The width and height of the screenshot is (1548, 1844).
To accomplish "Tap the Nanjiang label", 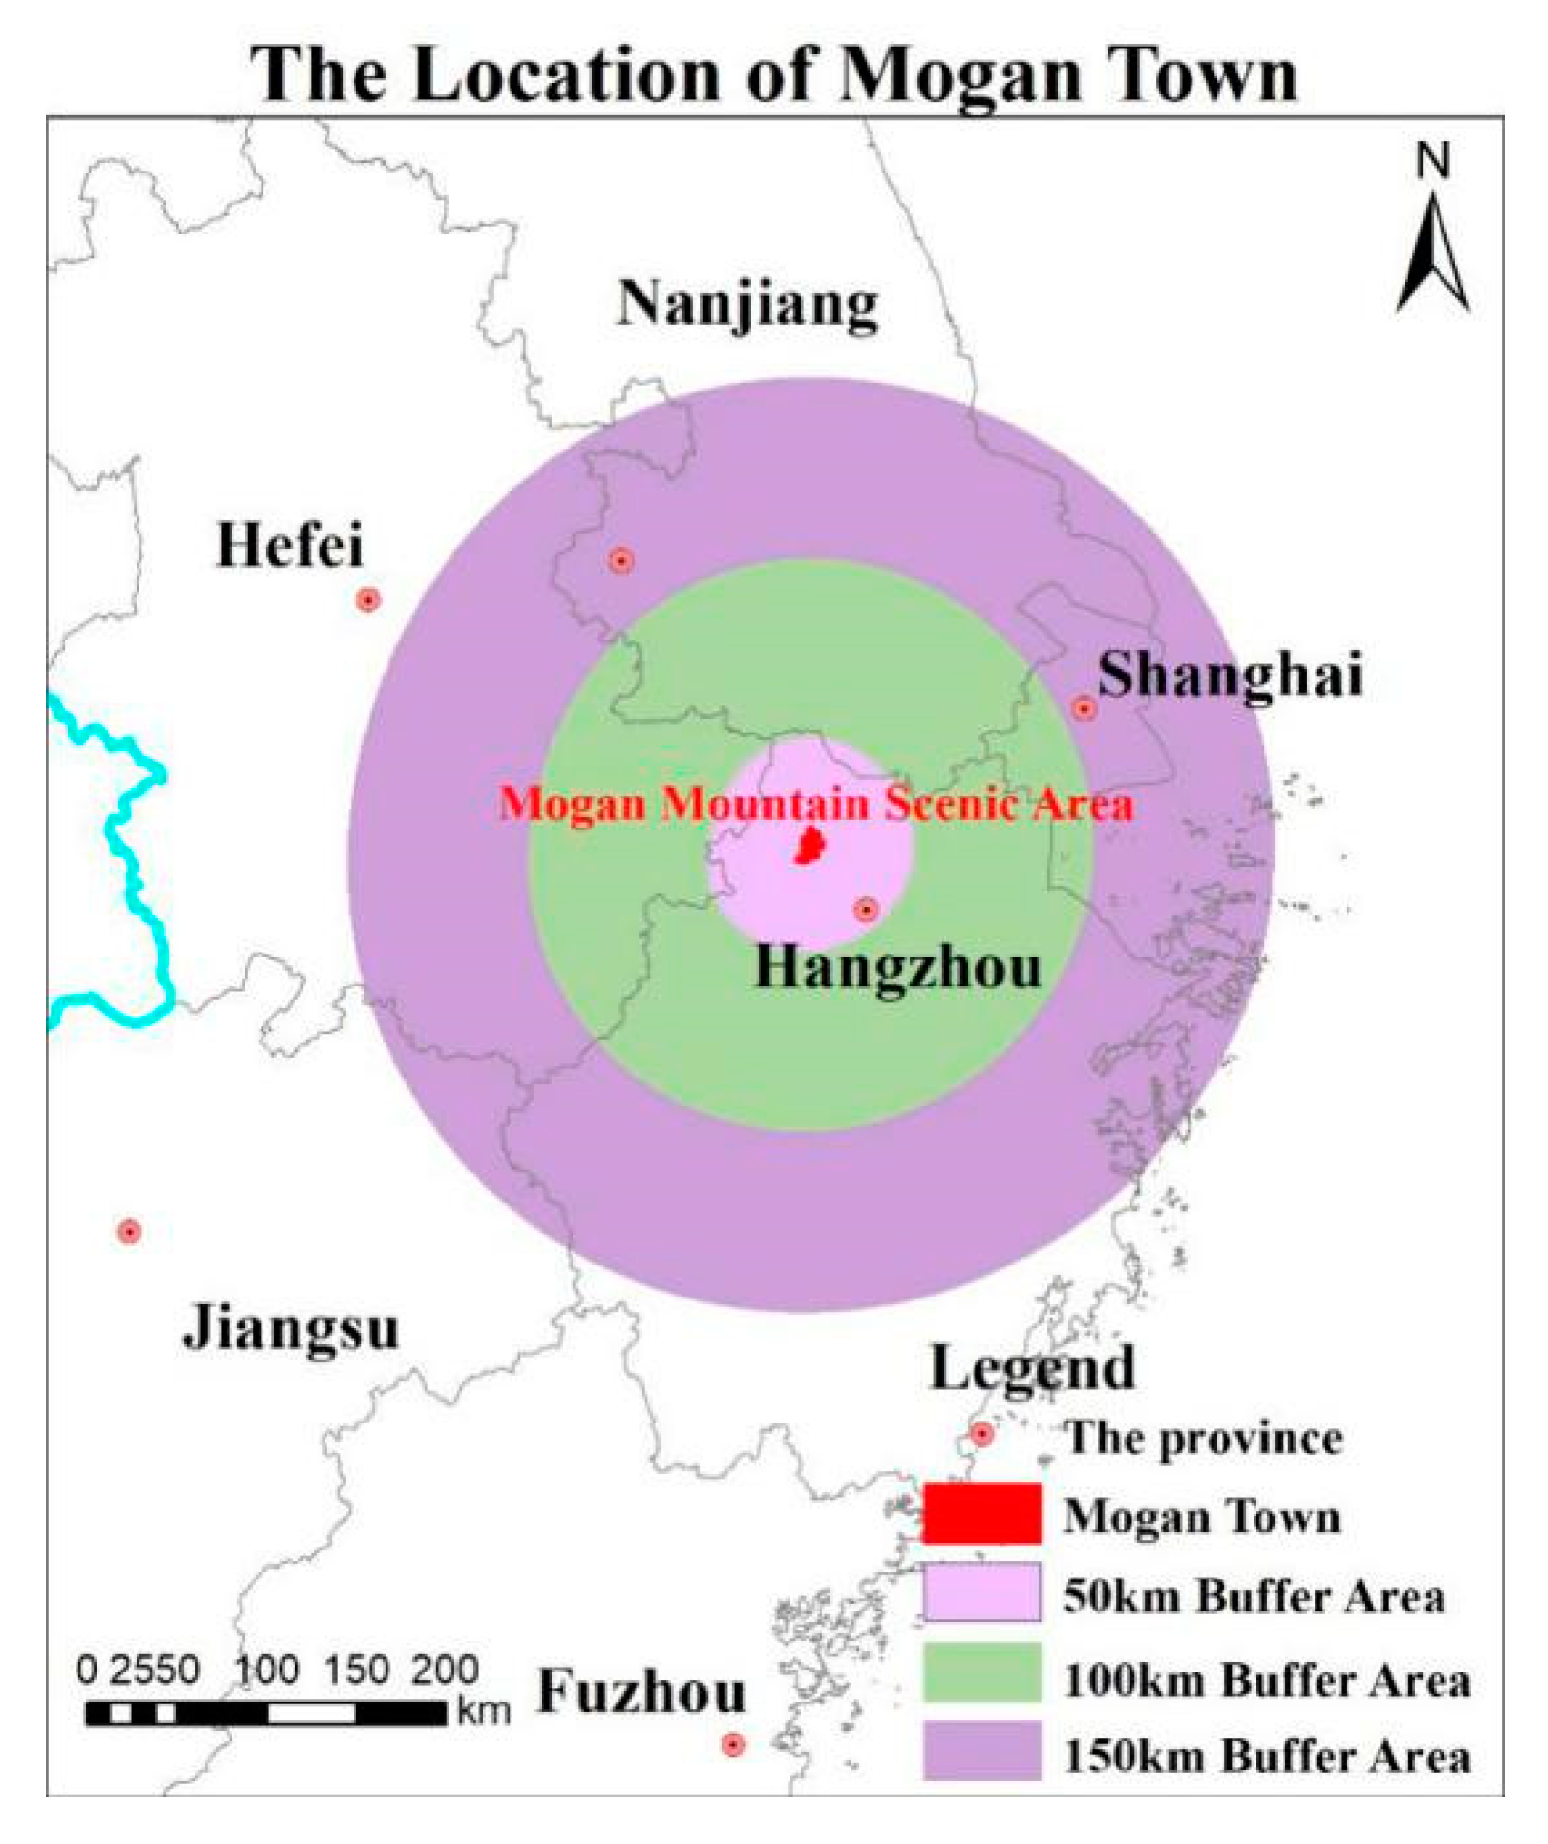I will (x=748, y=304).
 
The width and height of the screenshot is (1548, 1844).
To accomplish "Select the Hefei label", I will (x=290, y=545).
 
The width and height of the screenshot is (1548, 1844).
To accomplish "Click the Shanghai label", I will (x=1230, y=674).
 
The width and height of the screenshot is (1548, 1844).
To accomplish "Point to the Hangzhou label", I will (x=898, y=967).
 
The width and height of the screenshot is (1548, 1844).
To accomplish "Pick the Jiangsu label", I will (x=291, y=1328).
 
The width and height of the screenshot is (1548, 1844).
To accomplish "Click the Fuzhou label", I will (x=641, y=1692).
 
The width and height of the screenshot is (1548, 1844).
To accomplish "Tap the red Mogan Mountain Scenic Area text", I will (x=816, y=804).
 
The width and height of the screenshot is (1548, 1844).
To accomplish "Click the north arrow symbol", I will (x=1433, y=252).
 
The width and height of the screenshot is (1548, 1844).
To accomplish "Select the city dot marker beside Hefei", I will (x=367, y=600).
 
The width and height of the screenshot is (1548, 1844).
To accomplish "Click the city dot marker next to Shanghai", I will (x=1084, y=708).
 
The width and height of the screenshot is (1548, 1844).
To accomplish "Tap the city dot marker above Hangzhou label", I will (x=866, y=909).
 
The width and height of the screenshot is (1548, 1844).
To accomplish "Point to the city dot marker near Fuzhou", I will (x=733, y=1744).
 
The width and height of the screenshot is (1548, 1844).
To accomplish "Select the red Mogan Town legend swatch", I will (x=981, y=1514).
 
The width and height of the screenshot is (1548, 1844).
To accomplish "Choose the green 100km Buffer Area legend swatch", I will (x=981, y=1672).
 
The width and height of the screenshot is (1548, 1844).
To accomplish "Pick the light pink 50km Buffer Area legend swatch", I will (x=981, y=1592).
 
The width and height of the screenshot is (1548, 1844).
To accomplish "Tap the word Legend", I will (x=1032, y=1368).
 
